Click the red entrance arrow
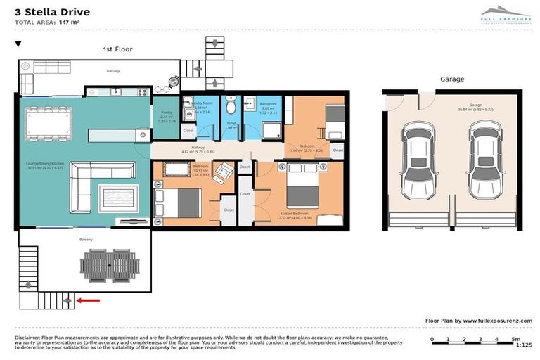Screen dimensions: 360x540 pyautogui.click(x=89, y=301)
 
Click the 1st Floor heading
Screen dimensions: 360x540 pyautogui.click(x=118, y=49)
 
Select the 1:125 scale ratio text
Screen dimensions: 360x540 pyautogui.click(x=524, y=345)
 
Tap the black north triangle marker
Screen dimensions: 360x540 pyautogui.click(x=18, y=44)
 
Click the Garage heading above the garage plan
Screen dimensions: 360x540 pyautogui.click(x=452, y=79)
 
